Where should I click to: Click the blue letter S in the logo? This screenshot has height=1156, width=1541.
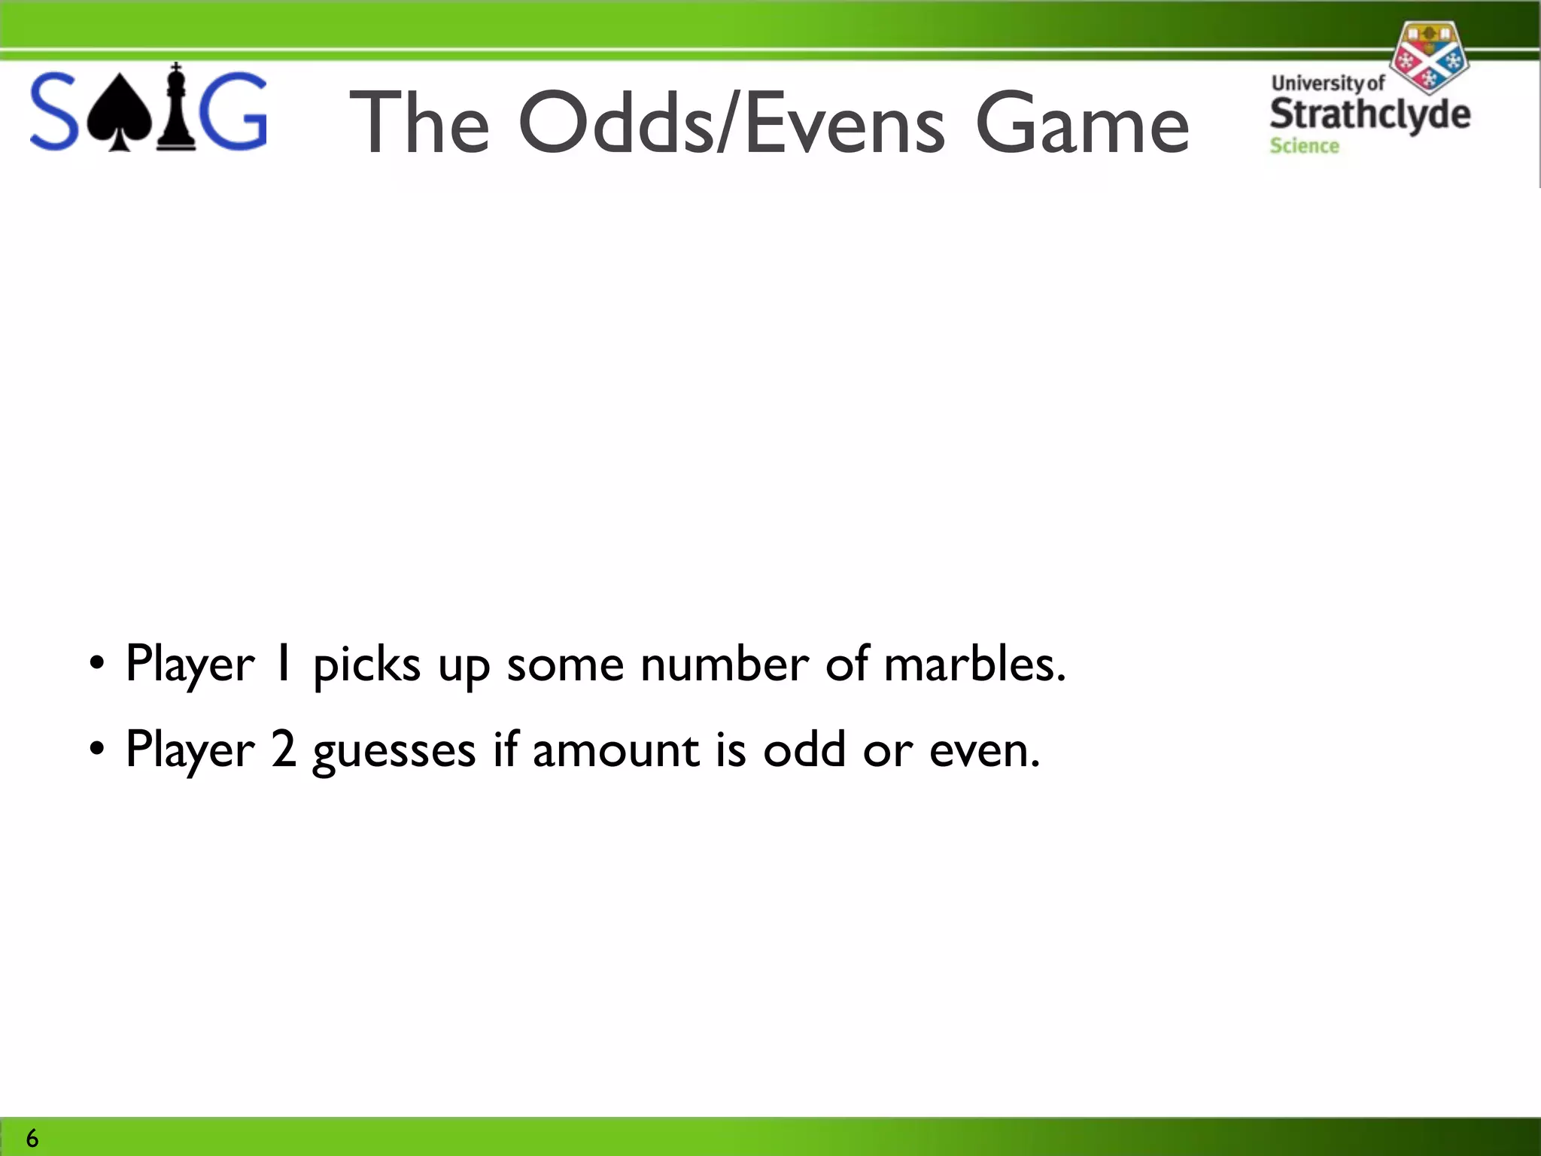tap(53, 111)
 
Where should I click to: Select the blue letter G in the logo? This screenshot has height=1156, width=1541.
tap(236, 111)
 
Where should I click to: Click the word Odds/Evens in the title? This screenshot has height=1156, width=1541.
tap(731, 123)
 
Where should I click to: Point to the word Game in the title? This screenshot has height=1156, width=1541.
tap(1082, 123)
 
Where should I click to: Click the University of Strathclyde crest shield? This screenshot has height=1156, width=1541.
tap(1428, 58)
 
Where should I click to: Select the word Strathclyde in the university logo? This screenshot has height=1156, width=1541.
tap(1369, 114)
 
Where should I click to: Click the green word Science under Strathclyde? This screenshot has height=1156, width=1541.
tap(1304, 146)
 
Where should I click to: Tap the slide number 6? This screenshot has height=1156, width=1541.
tap(32, 1138)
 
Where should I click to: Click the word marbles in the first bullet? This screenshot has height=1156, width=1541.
tap(974, 664)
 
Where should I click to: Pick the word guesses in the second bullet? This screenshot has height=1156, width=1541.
tap(394, 751)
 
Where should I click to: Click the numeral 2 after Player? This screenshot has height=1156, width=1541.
tap(284, 750)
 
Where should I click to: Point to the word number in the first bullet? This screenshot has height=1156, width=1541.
tap(725, 664)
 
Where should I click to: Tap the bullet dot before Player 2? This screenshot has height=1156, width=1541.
tap(96, 750)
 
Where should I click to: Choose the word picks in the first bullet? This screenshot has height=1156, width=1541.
tap(366, 665)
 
